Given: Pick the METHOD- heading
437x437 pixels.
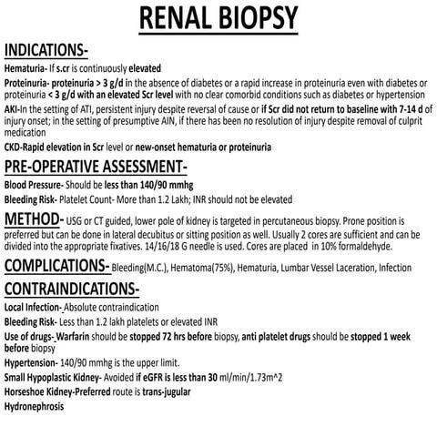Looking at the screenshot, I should coord(33,220).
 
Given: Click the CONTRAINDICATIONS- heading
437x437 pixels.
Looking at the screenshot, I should coord(72,290).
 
